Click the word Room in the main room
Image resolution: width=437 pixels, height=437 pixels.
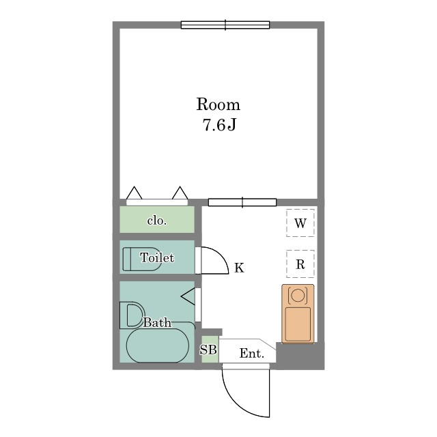pos(218,104)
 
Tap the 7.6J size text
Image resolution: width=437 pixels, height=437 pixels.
pos(219,125)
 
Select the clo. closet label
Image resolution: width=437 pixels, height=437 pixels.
pos(156,221)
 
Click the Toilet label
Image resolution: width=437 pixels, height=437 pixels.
pos(157,257)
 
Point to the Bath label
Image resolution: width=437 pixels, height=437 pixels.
pos(157,322)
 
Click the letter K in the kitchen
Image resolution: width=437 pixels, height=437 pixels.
pos(239,268)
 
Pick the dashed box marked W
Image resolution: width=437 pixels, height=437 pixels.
pos(300,223)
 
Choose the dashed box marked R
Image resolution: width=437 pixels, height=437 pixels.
pos(300,264)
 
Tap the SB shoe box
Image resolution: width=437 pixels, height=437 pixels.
pos(209,350)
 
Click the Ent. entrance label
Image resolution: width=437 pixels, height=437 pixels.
pos(252,354)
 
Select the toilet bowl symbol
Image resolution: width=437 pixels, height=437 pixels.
pos(142,259)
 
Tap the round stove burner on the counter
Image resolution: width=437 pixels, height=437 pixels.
pos(298,295)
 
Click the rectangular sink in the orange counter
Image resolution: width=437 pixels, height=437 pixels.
pos(298,324)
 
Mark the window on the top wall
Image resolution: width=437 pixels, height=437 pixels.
pos(225,25)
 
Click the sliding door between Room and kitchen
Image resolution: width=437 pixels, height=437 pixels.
pos(242,202)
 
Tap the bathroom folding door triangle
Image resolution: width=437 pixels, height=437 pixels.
pos(188,296)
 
